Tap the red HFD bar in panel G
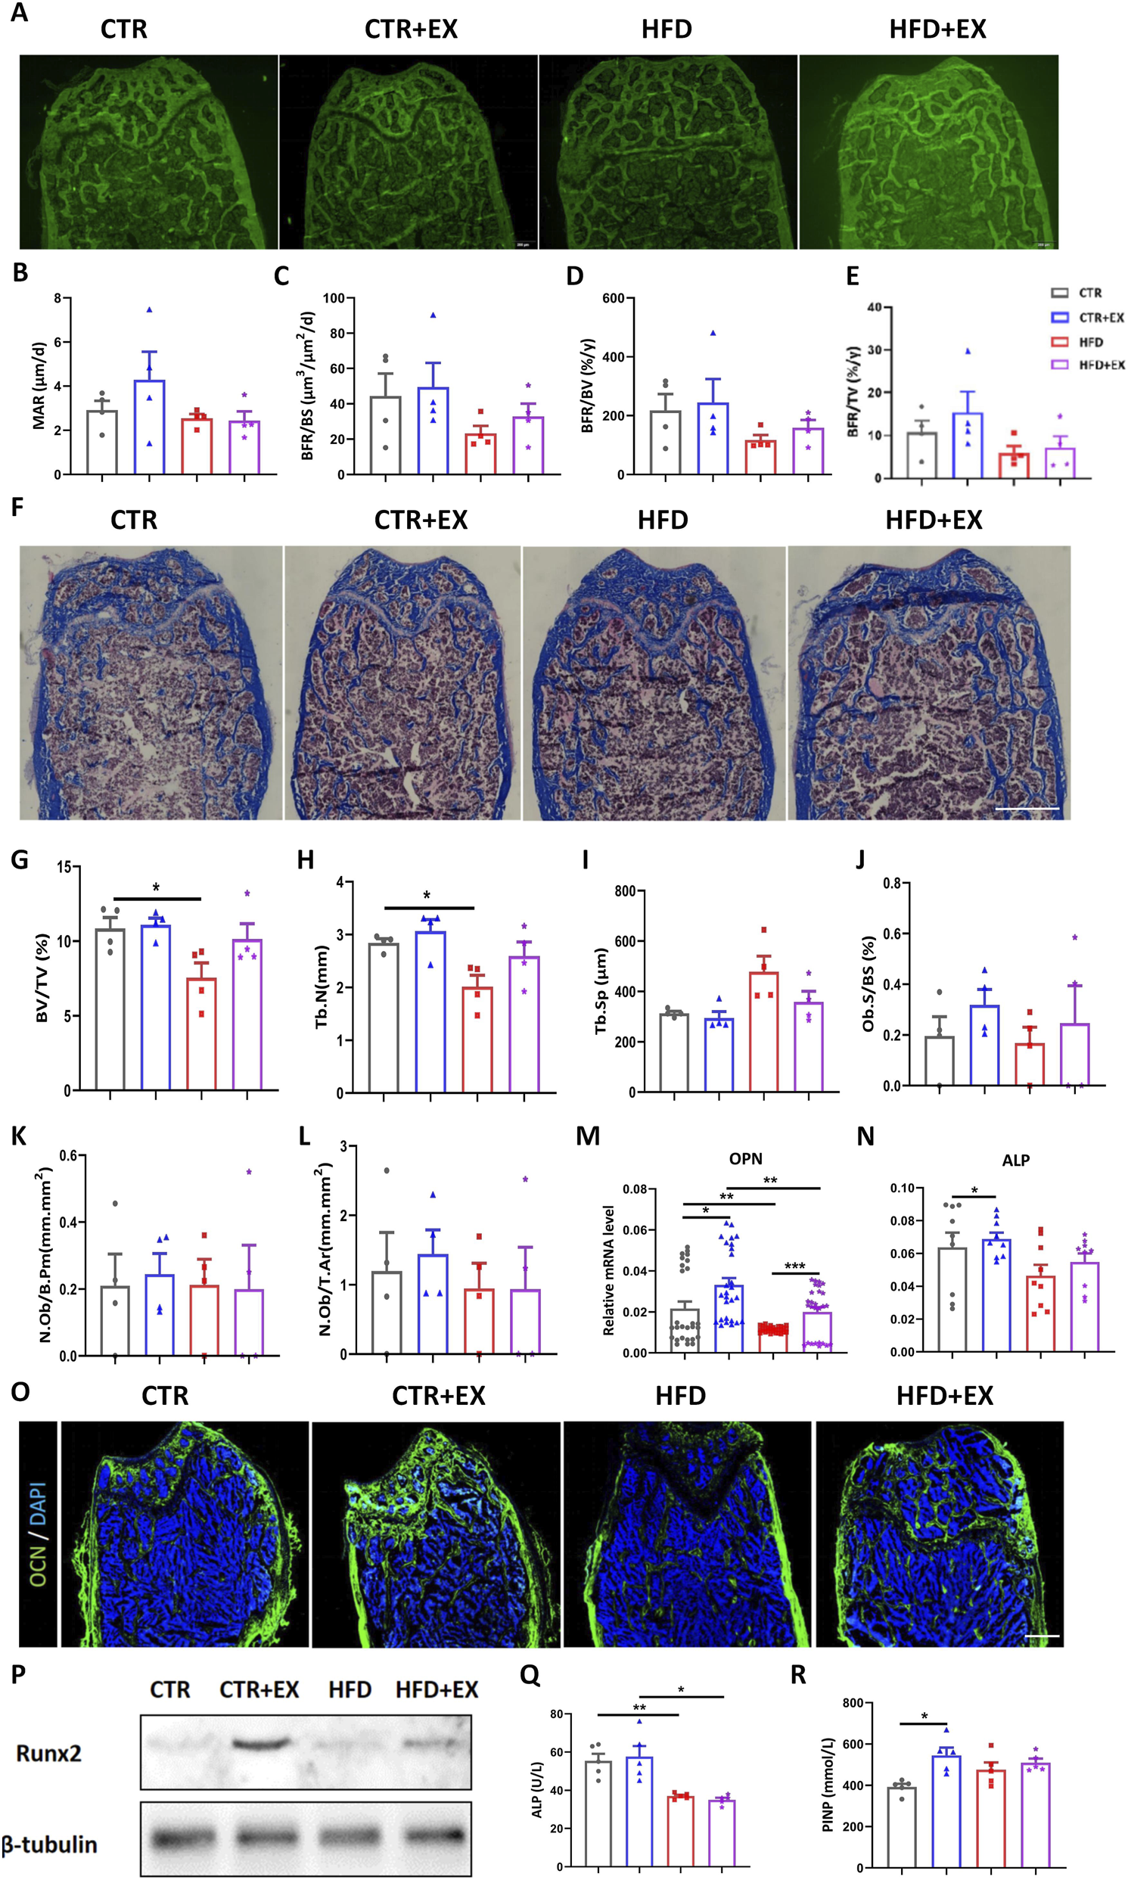pos(201,1034)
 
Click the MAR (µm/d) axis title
pos(39,386)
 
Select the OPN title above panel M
pos(745,1159)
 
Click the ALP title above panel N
pos(1015,1161)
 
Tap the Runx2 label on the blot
pos(48,1753)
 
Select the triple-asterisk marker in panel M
pos(794,1266)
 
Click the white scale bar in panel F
pos(1026,809)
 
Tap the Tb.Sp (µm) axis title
pos(601,991)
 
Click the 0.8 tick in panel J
pos(891,884)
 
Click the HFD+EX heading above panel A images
pos(937,30)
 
